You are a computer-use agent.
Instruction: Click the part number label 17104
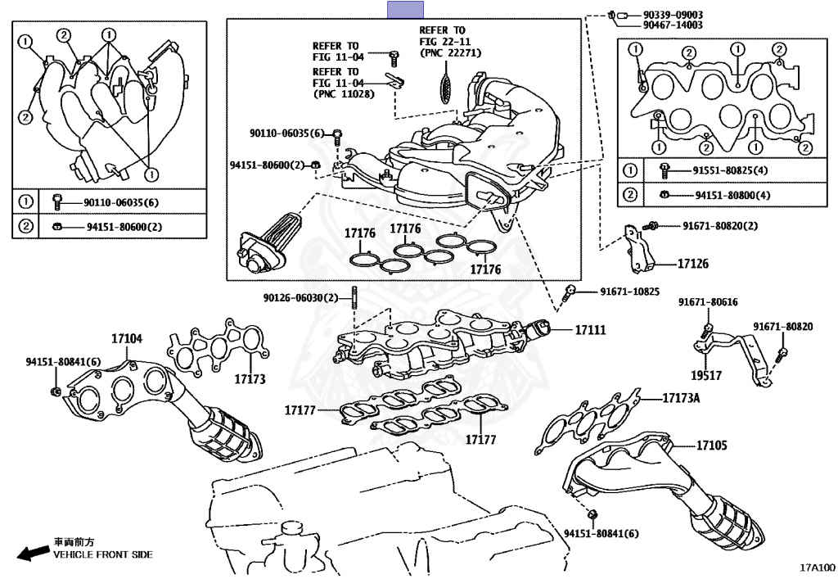click(x=127, y=338)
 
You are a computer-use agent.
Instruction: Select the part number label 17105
click(x=711, y=446)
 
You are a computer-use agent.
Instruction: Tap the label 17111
click(x=591, y=330)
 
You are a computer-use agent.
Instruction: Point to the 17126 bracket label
click(x=692, y=264)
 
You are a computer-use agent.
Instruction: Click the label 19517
click(x=706, y=376)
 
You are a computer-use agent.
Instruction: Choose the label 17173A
click(x=681, y=398)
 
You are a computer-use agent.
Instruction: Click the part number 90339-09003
click(x=673, y=15)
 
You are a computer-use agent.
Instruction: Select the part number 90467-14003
click(x=673, y=25)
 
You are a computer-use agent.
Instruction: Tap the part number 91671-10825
click(x=629, y=292)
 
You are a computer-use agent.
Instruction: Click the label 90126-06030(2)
click(x=301, y=297)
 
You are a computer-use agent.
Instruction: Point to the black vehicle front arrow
click(x=33, y=554)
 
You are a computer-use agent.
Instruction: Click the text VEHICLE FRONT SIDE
click(x=102, y=555)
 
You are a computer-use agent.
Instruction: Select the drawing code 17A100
click(x=818, y=568)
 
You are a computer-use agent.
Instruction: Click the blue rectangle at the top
click(x=406, y=10)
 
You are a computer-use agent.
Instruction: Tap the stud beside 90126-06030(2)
click(x=354, y=298)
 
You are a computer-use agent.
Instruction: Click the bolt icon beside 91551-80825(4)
click(x=665, y=170)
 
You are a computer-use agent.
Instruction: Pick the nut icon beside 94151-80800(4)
click(x=665, y=195)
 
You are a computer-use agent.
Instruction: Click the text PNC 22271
click(x=451, y=52)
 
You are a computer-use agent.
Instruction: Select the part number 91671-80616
click(x=708, y=302)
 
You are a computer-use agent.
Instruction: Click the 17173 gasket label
click(x=250, y=379)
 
